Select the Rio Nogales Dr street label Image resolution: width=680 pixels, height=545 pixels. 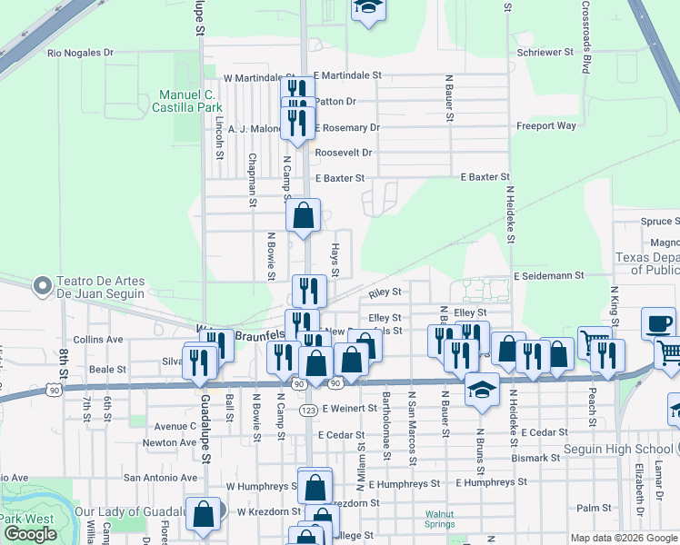(x=80, y=54)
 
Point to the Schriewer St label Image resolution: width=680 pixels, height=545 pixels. (x=545, y=53)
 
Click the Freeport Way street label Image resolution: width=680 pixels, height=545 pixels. (x=546, y=126)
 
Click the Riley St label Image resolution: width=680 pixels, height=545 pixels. (x=385, y=293)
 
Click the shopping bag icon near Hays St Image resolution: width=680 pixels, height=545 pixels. (x=304, y=217)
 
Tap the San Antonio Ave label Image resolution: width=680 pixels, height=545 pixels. (x=161, y=478)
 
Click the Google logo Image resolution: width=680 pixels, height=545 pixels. (x=30, y=534)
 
